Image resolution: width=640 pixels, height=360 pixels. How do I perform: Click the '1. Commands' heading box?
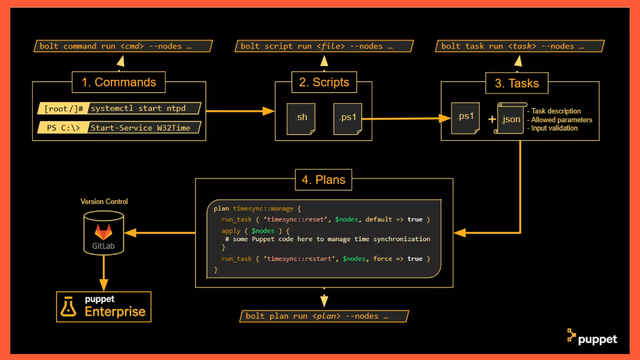pyautogui.click(x=119, y=82)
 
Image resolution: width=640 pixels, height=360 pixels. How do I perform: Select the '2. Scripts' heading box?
pyautogui.click(x=324, y=82)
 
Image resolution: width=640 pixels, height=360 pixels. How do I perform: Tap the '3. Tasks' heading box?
pyautogui.click(x=517, y=83)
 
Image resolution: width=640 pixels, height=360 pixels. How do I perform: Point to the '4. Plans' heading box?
pyautogui.click(x=323, y=180)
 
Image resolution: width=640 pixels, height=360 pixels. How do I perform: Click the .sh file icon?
pyautogui.click(x=301, y=119)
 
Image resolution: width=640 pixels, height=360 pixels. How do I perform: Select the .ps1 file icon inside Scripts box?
pyautogui.click(x=347, y=119)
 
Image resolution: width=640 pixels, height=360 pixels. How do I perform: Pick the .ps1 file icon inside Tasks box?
pyautogui.click(x=465, y=118)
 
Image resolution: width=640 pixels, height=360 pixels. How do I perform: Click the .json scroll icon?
pyautogui.click(x=511, y=119)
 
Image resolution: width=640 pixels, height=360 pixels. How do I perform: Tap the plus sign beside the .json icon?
pyautogui.click(x=492, y=119)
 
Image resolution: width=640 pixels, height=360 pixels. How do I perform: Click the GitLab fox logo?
pyautogui.click(x=103, y=232)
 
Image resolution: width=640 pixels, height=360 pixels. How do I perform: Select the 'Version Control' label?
pyautogui.click(x=104, y=202)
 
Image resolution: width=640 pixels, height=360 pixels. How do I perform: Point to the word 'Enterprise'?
pyautogui.click(x=115, y=312)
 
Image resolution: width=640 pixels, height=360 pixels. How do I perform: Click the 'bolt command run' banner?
pyautogui.click(x=123, y=46)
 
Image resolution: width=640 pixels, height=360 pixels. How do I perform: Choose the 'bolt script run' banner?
pyautogui.click(x=324, y=46)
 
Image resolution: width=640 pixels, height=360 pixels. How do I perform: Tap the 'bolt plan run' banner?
pyautogui.click(x=324, y=316)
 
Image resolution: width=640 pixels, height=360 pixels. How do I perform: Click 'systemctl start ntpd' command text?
pyautogui.click(x=138, y=108)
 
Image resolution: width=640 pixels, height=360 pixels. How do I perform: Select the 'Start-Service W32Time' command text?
pyautogui.click(x=140, y=128)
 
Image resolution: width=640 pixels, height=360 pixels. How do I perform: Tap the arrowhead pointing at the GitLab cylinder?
pyautogui.click(x=130, y=233)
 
